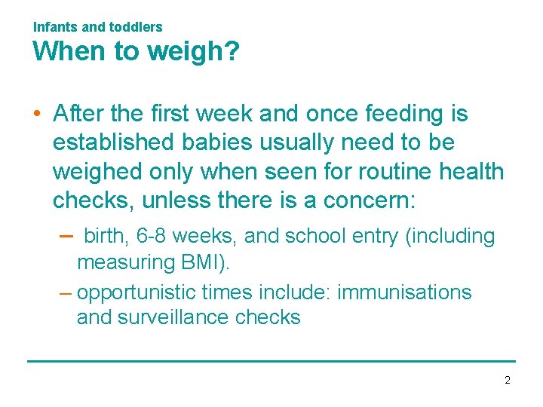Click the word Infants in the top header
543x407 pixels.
point(55,27)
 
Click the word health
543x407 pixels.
point(469,172)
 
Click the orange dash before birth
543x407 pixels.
point(64,236)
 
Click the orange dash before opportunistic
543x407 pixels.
point(64,292)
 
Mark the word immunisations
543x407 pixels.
point(404,292)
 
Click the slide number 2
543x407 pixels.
point(508,381)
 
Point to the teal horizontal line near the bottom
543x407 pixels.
point(271,361)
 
